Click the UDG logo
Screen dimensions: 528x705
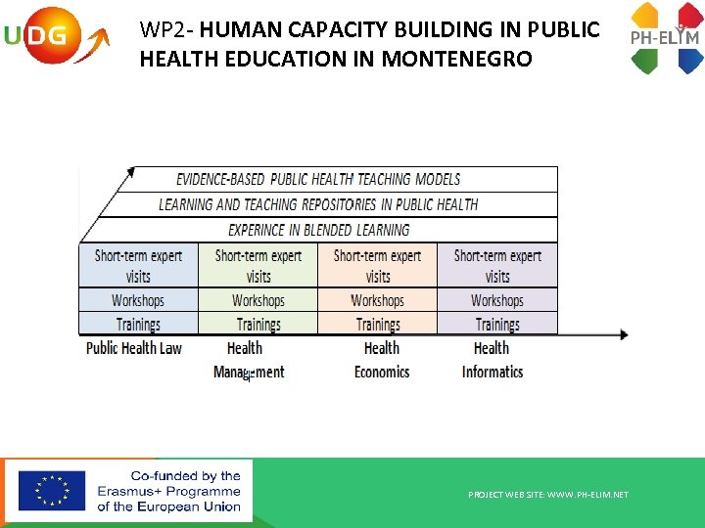pyautogui.click(x=53, y=37)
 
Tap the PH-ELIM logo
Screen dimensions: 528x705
pyautogui.click(x=666, y=38)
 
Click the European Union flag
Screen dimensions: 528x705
pyautogui.click(x=51, y=491)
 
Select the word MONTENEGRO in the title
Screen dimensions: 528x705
pyautogui.click(x=457, y=59)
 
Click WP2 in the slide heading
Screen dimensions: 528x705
pyautogui.click(x=158, y=29)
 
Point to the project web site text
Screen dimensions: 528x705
pyautogui.click(x=548, y=495)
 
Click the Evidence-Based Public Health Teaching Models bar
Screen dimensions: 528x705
pyautogui.click(x=318, y=179)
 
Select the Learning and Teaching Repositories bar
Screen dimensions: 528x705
pyautogui.click(x=318, y=204)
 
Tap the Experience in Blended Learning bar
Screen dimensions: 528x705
pyautogui.click(x=318, y=230)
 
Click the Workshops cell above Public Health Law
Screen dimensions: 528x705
pyautogui.click(x=138, y=300)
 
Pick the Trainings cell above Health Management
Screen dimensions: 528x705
pyautogui.click(x=258, y=324)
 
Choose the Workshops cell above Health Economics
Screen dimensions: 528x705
pyautogui.click(x=378, y=300)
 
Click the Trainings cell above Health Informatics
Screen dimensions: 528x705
pyautogui.click(x=497, y=324)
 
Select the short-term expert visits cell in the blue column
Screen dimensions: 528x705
pyautogui.click(x=138, y=265)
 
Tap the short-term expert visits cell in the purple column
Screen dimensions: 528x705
pyautogui.click(x=497, y=265)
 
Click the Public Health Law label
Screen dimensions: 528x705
pyautogui.click(x=134, y=348)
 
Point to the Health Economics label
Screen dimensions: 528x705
pyautogui.click(x=382, y=360)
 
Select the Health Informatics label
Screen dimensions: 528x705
pyautogui.click(x=493, y=360)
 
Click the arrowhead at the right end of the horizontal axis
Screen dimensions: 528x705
pyautogui.click(x=623, y=335)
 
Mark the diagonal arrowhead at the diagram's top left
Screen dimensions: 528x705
pyautogui.click(x=128, y=174)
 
